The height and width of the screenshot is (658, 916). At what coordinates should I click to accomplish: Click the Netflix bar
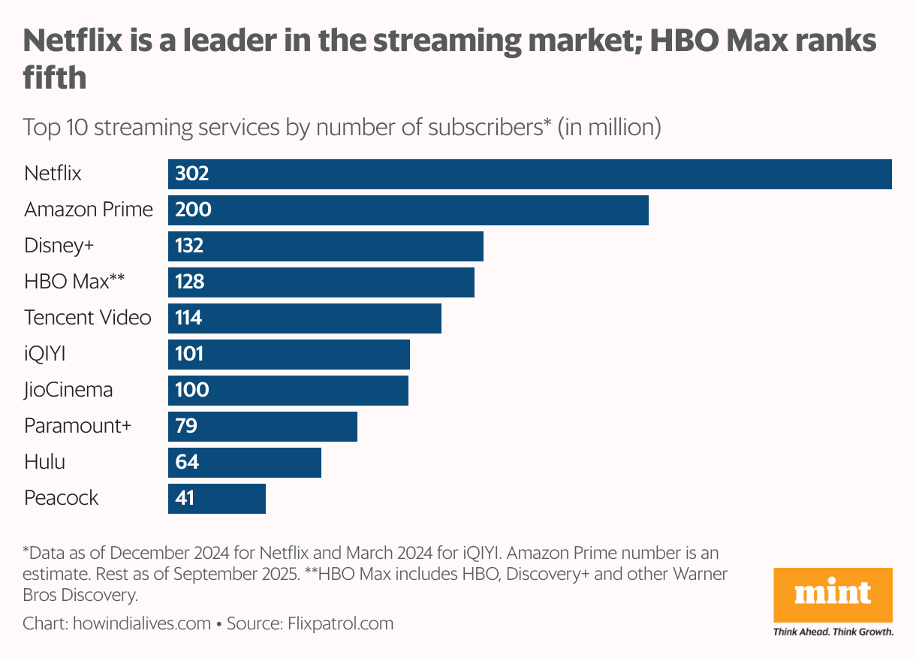pyautogui.click(x=529, y=174)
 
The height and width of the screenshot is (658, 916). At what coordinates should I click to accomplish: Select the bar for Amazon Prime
pyautogui.click(x=408, y=210)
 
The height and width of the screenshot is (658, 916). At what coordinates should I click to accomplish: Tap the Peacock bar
pyautogui.click(x=217, y=499)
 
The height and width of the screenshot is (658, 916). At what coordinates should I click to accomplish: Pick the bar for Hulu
pyautogui.click(x=245, y=463)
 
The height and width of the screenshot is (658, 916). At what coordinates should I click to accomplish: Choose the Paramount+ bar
pyautogui.click(x=263, y=427)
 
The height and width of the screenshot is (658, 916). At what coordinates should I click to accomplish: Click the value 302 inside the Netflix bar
pyautogui.click(x=191, y=174)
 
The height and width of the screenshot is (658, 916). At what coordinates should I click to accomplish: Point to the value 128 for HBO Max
pyautogui.click(x=190, y=282)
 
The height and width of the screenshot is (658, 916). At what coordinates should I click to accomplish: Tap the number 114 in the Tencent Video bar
pyautogui.click(x=188, y=318)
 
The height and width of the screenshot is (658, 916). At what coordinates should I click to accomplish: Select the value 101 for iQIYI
pyautogui.click(x=189, y=355)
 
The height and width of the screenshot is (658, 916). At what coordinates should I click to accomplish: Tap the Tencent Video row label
pyautogui.click(x=87, y=318)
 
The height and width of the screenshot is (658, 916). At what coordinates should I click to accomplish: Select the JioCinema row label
pyautogui.click(x=68, y=390)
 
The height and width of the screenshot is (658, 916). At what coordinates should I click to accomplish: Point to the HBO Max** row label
pyautogui.click(x=74, y=282)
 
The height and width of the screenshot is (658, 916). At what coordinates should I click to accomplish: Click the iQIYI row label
pyautogui.click(x=45, y=354)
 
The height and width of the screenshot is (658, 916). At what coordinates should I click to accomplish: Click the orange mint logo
pyautogui.click(x=833, y=595)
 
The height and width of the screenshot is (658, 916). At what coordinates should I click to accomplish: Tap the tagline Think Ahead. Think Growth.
pyautogui.click(x=833, y=632)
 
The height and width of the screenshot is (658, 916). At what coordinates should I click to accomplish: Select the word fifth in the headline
pyautogui.click(x=54, y=77)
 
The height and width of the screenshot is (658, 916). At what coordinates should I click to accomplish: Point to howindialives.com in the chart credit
pyautogui.click(x=142, y=623)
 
